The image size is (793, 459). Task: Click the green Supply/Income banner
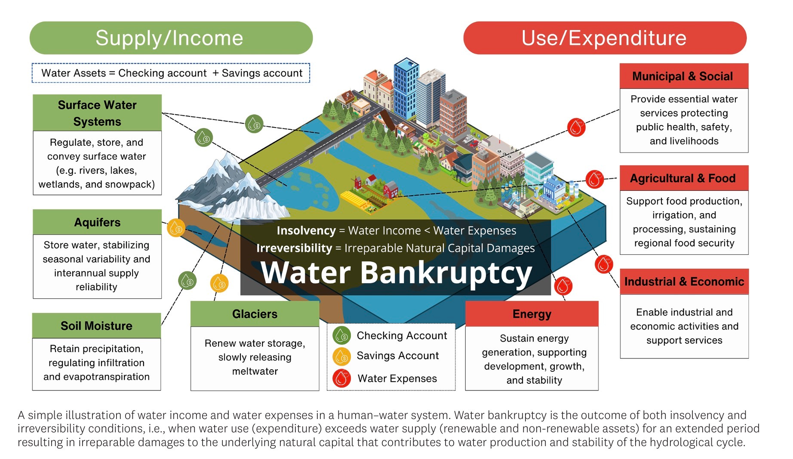(x=171, y=38)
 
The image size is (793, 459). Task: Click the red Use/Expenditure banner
(x=604, y=38)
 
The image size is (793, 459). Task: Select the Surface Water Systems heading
(x=97, y=113)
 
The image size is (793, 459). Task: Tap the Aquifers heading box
(x=97, y=222)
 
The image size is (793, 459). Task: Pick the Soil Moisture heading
(x=96, y=326)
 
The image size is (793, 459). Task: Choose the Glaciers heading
(x=255, y=314)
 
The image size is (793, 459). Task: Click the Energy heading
(x=532, y=314)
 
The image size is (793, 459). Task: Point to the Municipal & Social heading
(x=683, y=76)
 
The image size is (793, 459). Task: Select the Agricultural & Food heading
(x=683, y=178)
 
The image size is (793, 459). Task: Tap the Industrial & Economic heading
(x=684, y=282)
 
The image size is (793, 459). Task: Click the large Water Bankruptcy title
(x=396, y=273)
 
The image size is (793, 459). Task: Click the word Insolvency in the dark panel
(x=306, y=231)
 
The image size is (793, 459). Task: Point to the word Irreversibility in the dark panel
(x=294, y=248)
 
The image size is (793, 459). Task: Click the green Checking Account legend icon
(x=342, y=336)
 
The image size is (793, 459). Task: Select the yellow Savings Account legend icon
(x=342, y=356)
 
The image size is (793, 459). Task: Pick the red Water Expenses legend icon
(x=342, y=378)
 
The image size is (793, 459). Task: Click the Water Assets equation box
(x=171, y=73)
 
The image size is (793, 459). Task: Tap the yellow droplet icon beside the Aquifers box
(x=176, y=228)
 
